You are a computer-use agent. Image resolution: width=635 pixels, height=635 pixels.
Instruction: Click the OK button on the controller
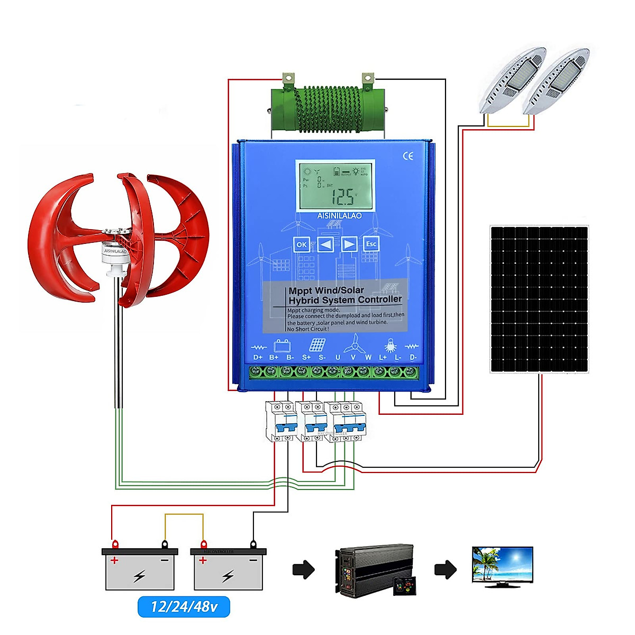click(301, 244)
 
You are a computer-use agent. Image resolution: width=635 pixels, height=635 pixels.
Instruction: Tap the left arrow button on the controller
click(325, 244)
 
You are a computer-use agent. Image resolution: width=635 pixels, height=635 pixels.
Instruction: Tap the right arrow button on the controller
click(349, 244)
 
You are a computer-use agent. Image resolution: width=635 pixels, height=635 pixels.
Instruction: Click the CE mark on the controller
click(408, 156)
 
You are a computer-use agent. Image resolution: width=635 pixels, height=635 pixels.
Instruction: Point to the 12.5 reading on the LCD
click(343, 197)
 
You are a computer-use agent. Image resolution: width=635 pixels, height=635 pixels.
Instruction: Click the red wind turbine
click(119, 238)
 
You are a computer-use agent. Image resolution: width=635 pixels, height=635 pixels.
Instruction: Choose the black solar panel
click(539, 300)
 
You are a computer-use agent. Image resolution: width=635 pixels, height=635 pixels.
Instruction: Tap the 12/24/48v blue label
click(184, 606)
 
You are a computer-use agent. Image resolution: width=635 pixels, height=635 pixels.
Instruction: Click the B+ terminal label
click(274, 357)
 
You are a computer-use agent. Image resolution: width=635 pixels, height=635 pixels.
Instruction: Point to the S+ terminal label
click(306, 357)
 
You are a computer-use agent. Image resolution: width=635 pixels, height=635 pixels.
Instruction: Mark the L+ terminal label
click(383, 357)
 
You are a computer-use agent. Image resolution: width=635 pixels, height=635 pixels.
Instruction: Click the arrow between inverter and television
click(445, 569)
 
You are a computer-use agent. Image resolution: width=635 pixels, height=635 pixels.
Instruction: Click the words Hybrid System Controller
click(345, 300)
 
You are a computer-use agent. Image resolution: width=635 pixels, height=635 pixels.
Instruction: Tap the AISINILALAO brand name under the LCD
click(339, 216)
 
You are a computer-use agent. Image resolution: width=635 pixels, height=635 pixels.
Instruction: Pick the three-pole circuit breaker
click(346, 421)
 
